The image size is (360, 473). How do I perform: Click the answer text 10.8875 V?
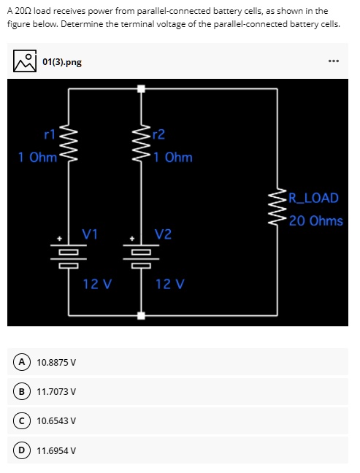pos(56,361)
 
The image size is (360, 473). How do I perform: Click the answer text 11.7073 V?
pos(56,391)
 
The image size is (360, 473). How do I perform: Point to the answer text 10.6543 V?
pos(56,420)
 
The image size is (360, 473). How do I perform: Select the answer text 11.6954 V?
pos(56,450)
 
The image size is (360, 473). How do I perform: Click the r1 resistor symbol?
pos(69,145)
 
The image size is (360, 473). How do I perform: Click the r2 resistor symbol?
pos(141,145)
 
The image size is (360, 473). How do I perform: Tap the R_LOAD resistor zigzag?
pos(278,209)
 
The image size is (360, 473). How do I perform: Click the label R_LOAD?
pos(313,198)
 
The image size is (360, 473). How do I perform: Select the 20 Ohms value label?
pos(315,220)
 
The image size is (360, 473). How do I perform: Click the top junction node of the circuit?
pos(141,89)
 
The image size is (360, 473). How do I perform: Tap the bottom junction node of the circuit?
pos(141,315)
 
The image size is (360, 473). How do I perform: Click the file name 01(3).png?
pos(62,62)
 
